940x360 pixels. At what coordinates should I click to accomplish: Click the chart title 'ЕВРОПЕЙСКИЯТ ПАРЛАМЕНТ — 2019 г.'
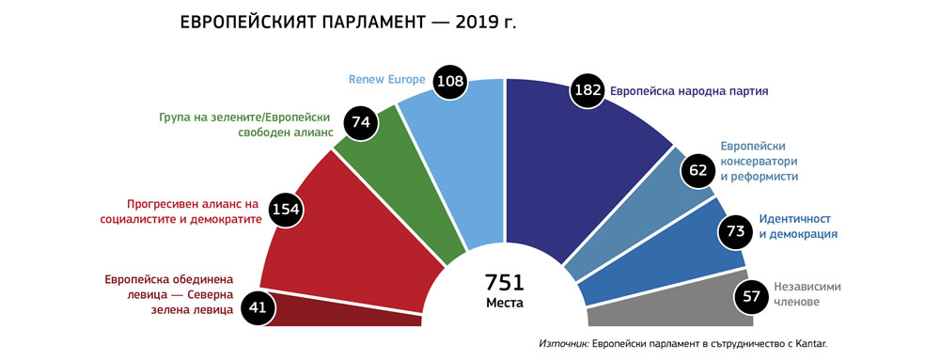(348, 23)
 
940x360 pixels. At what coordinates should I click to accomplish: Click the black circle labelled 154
(285, 210)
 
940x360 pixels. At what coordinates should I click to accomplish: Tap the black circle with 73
(736, 230)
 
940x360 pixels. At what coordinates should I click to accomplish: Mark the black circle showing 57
(749, 296)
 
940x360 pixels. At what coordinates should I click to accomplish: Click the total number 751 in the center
(504, 282)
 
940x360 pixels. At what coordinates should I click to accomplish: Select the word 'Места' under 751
(505, 303)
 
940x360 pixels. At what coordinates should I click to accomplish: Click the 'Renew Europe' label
(387, 80)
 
